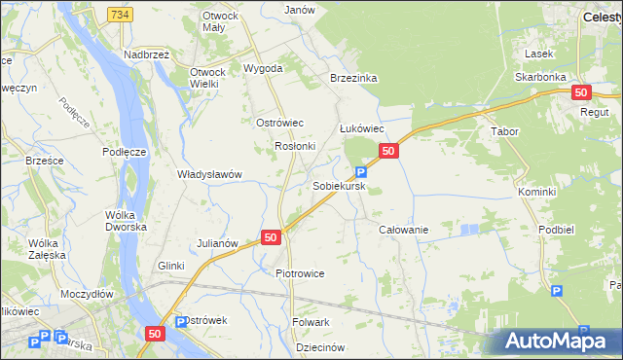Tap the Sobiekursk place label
(x=339, y=184)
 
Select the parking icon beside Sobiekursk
(x=361, y=172)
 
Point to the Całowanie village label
(x=403, y=229)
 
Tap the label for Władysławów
(x=209, y=175)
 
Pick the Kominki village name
(x=536, y=193)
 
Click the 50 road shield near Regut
(x=581, y=92)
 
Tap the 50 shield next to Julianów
(x=271, y=236)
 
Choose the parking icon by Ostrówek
(x=180, y=322)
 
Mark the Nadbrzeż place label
(x=147, y=55)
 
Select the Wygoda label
(x=263, y=69)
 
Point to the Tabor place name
(x=504, y=130)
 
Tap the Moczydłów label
(x=87, y=293)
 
